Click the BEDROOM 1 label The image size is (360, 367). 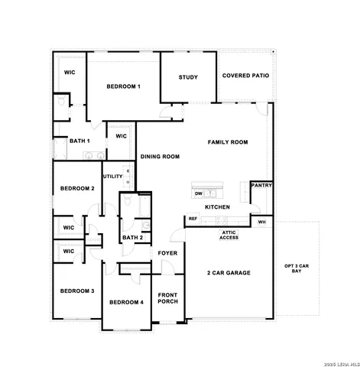click(x=123, y=87)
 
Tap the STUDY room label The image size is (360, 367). click(x=188, y=77)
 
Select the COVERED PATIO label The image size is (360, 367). click(x=244, y=76)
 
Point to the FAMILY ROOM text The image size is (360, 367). click(x=229, y=142)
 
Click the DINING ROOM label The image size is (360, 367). click(x=160, y=157)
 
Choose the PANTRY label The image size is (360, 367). click(x=261, y=185)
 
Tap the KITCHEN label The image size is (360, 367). click(x=217, y=207)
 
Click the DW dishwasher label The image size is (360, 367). click(x=198, y=194)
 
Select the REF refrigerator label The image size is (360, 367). click(x=193, y=219)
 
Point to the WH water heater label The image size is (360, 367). click(x=261, y=222)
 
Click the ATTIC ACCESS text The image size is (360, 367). click(x=229, y=235)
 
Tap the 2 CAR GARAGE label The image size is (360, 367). click(x=229, y=273)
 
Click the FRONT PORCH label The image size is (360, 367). click(x=168, y=298)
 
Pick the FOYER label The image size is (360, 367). click(x=167, y=253)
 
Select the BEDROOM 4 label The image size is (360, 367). click(x=126, y=303)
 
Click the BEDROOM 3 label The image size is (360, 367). click(x=77, y=291)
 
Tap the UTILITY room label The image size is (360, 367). click(x=113, y=177)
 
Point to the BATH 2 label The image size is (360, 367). click(x=132, y=238)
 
